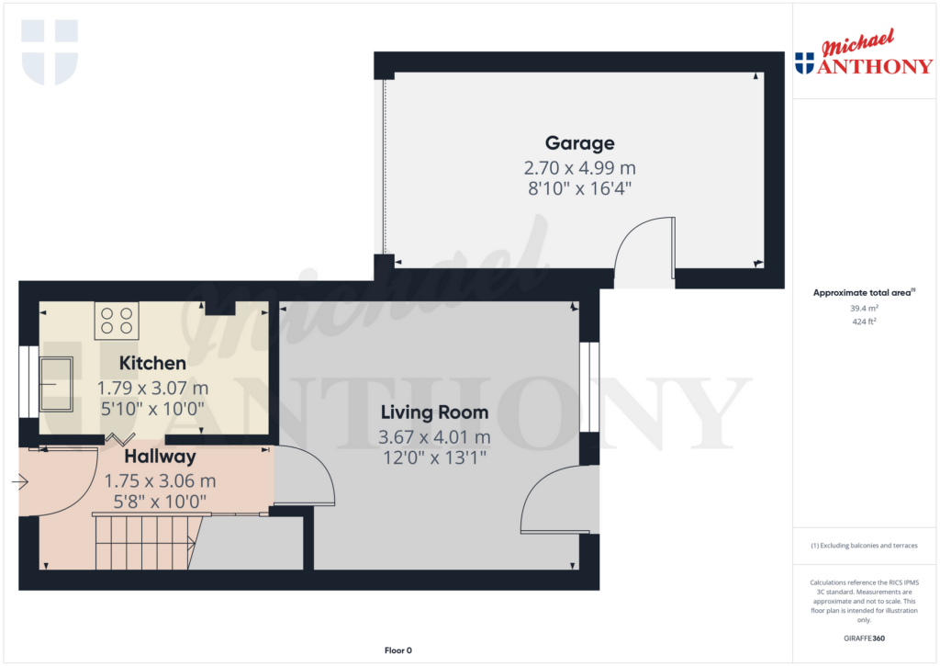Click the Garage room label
pyautogui.click(x=579, y=143)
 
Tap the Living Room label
pyautogui.click(x=434, y=412)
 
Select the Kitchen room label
pyautogui.click(x=152, y=364)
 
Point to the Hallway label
pyautogui.click(x=161, y=457)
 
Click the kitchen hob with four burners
pyautogui.click(x=117, y=321)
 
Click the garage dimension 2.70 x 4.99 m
pyautogui.click(x=579, y=168)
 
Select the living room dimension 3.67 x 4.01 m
pyautogui.click(x=434, y=436)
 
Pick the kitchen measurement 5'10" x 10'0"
pyautogui.click(x=151, y=407)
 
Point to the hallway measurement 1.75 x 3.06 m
pyautogui.click(x=161, y=480)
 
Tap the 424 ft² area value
pyautogui.click(x=861, y=322)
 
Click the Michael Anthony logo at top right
pyautogui.click(x=863, y=56)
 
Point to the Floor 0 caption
pyautogui.click(x=397, y=650)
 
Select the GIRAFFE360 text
pyautogui.click(x=864, y=638)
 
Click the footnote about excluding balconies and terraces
pyautogui.click(x=864, y=546)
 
